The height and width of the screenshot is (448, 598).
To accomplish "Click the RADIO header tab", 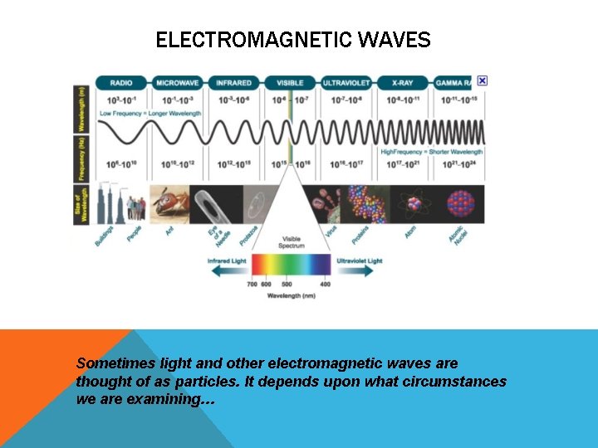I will click(121, 83).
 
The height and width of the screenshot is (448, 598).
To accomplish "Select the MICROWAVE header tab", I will click(178, 83).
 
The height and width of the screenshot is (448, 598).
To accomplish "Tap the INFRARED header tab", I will click(233, 83).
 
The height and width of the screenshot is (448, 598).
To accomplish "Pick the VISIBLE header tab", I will click(290, 83).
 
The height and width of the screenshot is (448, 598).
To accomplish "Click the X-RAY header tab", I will click(402, 83).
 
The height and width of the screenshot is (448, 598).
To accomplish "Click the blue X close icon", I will click(483, 80).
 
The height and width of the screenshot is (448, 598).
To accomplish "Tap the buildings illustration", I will click(113, 203).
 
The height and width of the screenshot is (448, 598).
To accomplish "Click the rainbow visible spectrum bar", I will click(291, 265).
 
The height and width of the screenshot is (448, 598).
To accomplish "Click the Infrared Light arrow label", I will click(228, 261).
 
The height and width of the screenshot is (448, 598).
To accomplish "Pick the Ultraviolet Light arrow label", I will click(359, 261).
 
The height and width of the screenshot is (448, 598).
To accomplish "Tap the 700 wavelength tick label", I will click(252, 285).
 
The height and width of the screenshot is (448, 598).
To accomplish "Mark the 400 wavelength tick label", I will click(325, 285).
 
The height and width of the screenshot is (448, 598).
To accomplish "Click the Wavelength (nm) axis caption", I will click(291, 296).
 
